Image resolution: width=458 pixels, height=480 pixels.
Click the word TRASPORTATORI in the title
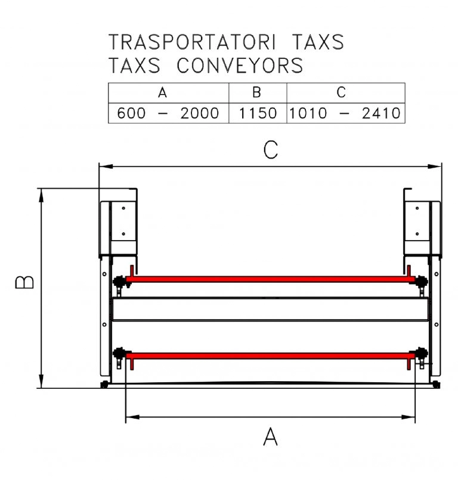192,42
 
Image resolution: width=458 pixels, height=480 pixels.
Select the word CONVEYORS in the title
240,65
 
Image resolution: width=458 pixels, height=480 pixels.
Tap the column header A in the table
162,92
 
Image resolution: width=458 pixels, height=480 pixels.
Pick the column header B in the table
257,92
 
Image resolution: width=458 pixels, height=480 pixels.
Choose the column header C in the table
341,92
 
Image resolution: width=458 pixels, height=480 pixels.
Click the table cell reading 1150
258,113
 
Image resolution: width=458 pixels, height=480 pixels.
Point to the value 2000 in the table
200,113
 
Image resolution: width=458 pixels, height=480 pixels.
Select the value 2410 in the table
381,113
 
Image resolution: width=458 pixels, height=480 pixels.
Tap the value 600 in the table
131,113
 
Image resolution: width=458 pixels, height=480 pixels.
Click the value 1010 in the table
308,113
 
